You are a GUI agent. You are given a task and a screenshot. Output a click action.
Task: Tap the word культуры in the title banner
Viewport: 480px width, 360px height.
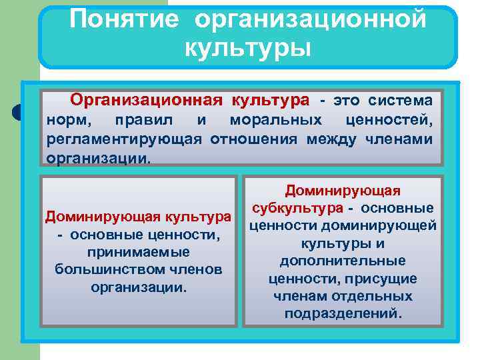tap(248, 47)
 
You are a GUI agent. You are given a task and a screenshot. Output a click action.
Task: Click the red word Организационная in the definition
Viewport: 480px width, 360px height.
tap(147, 101)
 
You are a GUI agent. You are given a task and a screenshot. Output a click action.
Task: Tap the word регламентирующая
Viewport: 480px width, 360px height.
tap(125, 139)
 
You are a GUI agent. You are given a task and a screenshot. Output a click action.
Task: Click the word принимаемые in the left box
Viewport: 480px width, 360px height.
tap(139, 252)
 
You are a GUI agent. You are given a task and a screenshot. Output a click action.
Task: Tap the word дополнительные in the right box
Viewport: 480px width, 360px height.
tap(343, 261)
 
